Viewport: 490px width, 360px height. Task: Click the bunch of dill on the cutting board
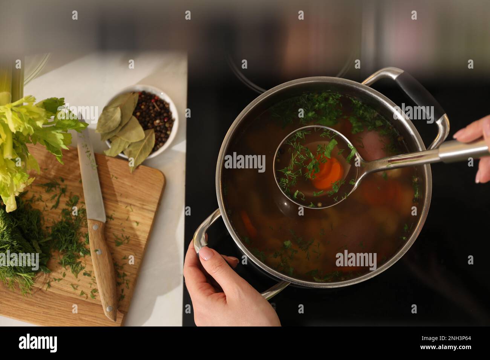(x=23, y=241)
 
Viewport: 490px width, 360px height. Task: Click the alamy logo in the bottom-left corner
(x=38, y=343)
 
